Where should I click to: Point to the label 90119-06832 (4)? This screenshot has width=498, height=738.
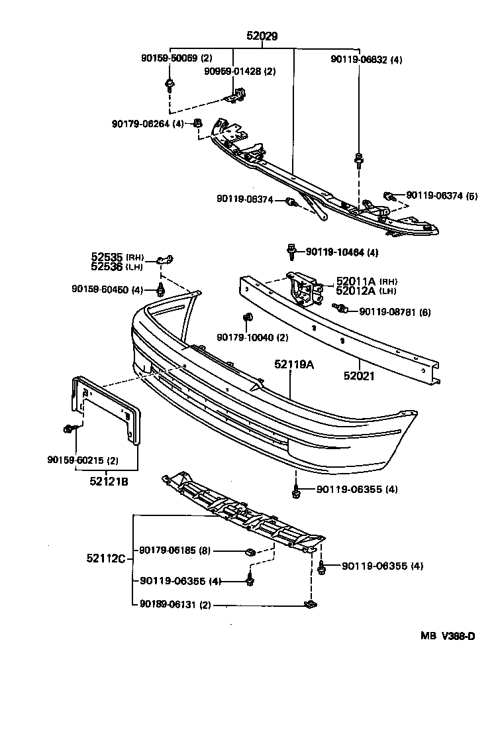tap(366, 59)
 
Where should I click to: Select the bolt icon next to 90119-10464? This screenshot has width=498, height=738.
tap(291, 252)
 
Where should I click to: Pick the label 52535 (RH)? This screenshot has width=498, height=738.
tap(117, 257)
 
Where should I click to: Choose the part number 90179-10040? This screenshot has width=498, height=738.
tap(244, 337)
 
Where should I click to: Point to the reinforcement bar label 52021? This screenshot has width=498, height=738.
tap(359, 376)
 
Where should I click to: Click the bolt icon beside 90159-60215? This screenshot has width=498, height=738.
tap(70, 430)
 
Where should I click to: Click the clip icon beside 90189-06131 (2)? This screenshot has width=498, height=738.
tap(309, 604)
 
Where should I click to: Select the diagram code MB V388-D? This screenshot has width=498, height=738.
tap(447, 637)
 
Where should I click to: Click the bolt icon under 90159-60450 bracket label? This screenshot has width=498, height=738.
tap(160, 290)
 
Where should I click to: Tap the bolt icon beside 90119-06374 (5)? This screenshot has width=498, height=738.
tap(390, 195)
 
